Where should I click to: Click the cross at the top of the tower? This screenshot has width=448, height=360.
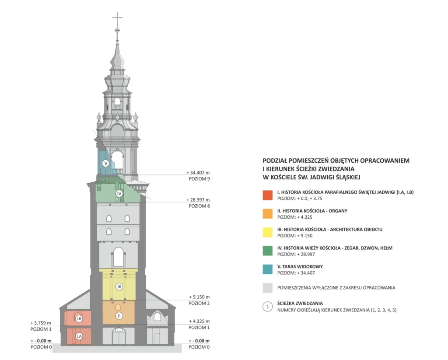(x=117, y=20)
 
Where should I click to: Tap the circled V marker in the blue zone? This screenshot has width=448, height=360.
(x=106, y=164)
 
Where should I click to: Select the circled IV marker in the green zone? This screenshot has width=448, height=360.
(x=119, y=193)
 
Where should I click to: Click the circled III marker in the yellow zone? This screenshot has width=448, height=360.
(x=119, y=287)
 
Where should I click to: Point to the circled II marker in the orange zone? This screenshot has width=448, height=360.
(x=119, y=316)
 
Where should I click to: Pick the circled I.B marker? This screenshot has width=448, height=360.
(x=79, y=318)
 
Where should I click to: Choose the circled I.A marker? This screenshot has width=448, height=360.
(x=79, y=336)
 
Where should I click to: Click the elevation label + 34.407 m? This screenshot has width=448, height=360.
(x=198, y=173)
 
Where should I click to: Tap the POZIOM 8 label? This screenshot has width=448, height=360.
(x=199, y=206)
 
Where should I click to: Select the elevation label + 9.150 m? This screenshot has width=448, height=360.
(x=199, y=297)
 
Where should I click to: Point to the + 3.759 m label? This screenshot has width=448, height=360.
(x=41, y=323)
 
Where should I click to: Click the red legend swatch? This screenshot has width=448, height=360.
(x=268, y=195)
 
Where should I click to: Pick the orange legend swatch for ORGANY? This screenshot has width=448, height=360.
(x=268, y=214)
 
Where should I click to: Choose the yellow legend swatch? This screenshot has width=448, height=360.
(x=268, y=232)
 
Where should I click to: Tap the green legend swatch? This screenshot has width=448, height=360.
(x=268, y=251)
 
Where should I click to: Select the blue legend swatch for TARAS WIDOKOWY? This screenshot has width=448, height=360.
(x=268, y=269)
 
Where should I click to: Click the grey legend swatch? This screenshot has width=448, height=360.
(x=268, y=288)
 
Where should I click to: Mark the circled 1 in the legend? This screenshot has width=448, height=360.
(x=268, y=307)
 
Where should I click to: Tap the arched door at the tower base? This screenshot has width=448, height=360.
(x=119, y=336)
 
